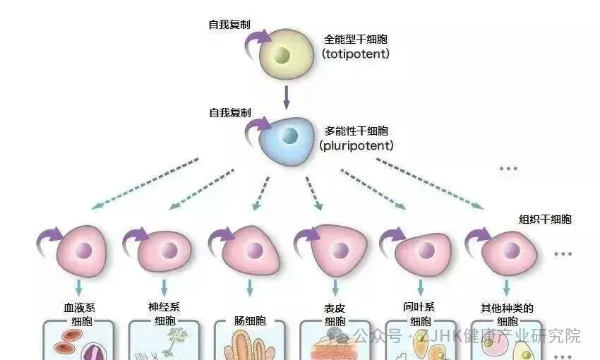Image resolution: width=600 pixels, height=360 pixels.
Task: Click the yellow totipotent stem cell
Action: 285,55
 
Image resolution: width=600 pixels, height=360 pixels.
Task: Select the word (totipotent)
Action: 356,54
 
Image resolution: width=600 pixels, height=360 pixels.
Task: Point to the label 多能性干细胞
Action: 356,131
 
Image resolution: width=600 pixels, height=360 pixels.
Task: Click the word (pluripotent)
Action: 356,146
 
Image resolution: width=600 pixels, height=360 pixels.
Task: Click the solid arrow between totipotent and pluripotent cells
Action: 287,96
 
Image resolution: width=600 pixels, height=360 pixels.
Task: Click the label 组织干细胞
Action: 545,220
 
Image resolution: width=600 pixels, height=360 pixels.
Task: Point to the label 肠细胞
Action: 250,321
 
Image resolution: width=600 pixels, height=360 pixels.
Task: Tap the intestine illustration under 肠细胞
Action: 250,345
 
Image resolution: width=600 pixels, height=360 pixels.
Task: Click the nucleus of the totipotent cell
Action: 282,55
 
